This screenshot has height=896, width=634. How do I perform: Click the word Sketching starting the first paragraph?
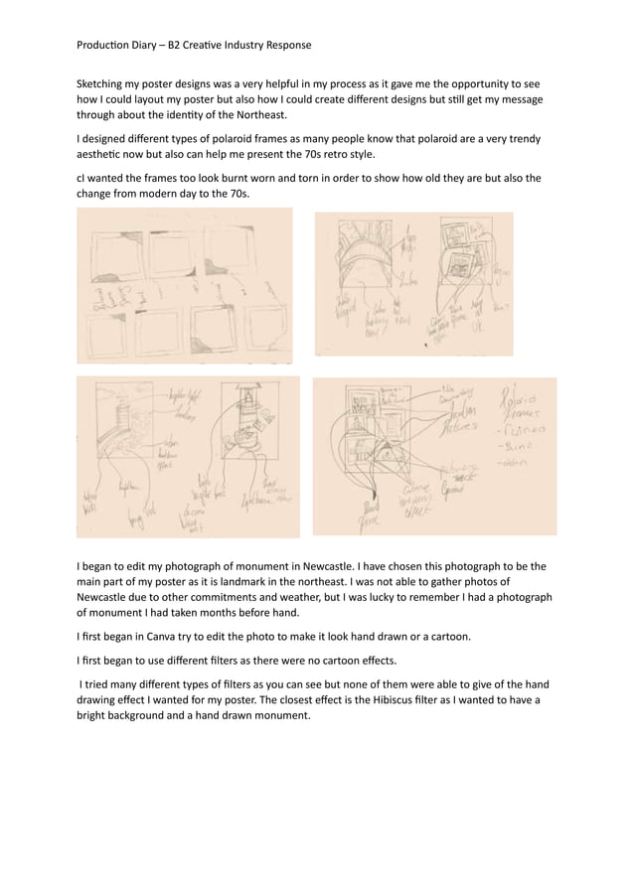(104, 85)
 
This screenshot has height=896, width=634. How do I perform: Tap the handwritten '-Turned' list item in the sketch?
(524, 428)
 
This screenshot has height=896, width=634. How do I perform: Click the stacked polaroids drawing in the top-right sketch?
(458, 253)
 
